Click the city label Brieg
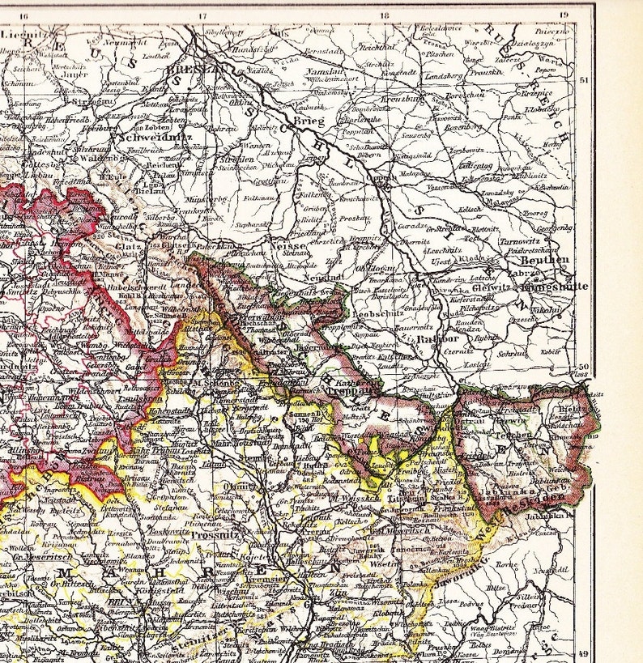[x=310, y=121]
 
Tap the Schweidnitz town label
[x=148, y=137]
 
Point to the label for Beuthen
[x=551, y=260]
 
